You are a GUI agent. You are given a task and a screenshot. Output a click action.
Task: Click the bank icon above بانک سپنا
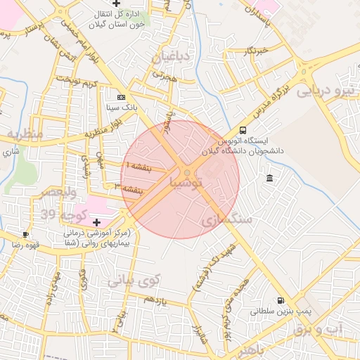click(121, 97)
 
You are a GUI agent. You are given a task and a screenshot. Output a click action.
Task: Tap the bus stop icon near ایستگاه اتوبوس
click(243, 130)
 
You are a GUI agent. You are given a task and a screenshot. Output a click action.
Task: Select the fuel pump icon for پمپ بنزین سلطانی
click(282, 300)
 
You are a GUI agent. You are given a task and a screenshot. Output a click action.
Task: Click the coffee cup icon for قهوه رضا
click(26, 234)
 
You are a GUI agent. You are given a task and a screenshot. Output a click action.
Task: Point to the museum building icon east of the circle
click(270, 179)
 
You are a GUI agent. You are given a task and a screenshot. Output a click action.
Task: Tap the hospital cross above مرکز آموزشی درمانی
click(96, 222)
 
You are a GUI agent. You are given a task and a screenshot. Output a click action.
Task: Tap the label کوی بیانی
click(134, 280)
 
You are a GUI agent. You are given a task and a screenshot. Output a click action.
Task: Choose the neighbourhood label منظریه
click(25, 134)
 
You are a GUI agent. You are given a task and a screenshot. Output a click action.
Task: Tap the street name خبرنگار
click(252, 52)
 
